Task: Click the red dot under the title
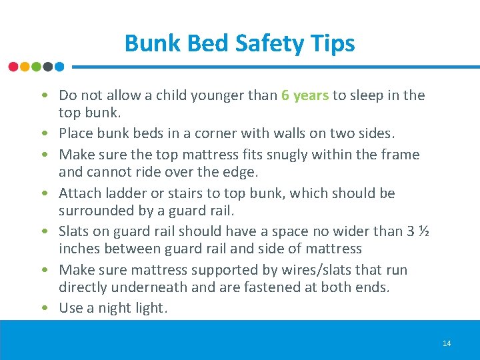13,67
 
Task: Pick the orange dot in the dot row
25,67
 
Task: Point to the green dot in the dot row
36,67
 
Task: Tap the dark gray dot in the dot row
47,67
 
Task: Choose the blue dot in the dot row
59,67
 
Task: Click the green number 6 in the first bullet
285,95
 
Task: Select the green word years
311,96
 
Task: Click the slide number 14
446,343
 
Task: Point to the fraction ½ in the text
423,231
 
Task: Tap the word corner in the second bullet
217,133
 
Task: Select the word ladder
121,193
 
